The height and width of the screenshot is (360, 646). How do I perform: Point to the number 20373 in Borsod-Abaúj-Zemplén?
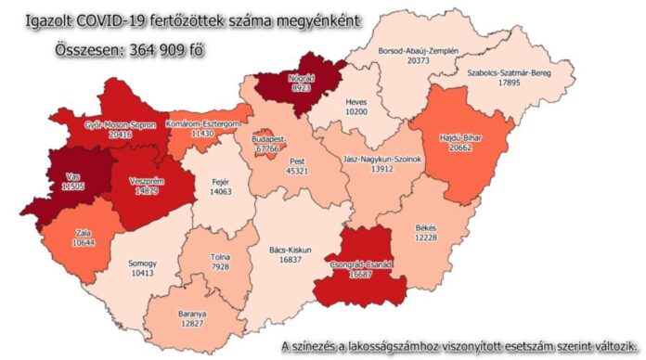coord(418,60)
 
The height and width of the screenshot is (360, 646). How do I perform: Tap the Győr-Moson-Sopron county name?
coord(121,123)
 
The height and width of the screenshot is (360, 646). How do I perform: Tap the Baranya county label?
coord(193,313)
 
